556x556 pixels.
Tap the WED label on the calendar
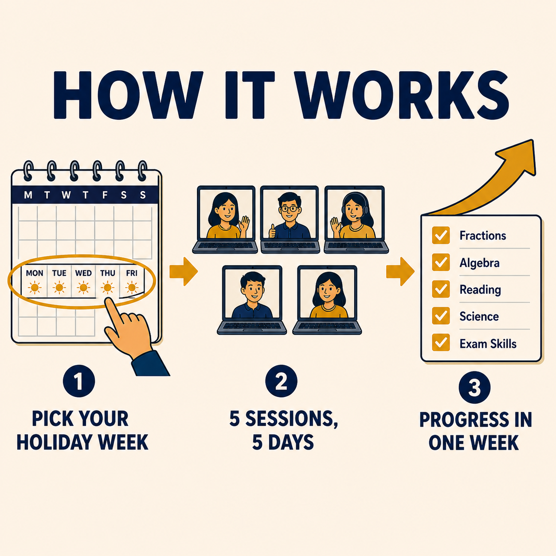(83, 273)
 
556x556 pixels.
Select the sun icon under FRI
(132, 288)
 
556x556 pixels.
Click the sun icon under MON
(35, 288)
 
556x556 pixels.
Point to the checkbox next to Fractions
(441, 235)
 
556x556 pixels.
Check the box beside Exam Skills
(441, 342)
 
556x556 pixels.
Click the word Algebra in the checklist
(479, 263)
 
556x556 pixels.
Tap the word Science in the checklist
(479, 317)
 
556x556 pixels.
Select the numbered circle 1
(79, 381)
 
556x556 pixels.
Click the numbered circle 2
(281, 381)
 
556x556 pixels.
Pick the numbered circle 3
(474, 388)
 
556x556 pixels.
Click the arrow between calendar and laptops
(184, 271)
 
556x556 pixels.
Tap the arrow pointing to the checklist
(400, 271)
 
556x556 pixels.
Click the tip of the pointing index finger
(108, 300)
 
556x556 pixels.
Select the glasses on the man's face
(290, 208)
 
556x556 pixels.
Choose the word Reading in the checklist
(480, 290)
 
